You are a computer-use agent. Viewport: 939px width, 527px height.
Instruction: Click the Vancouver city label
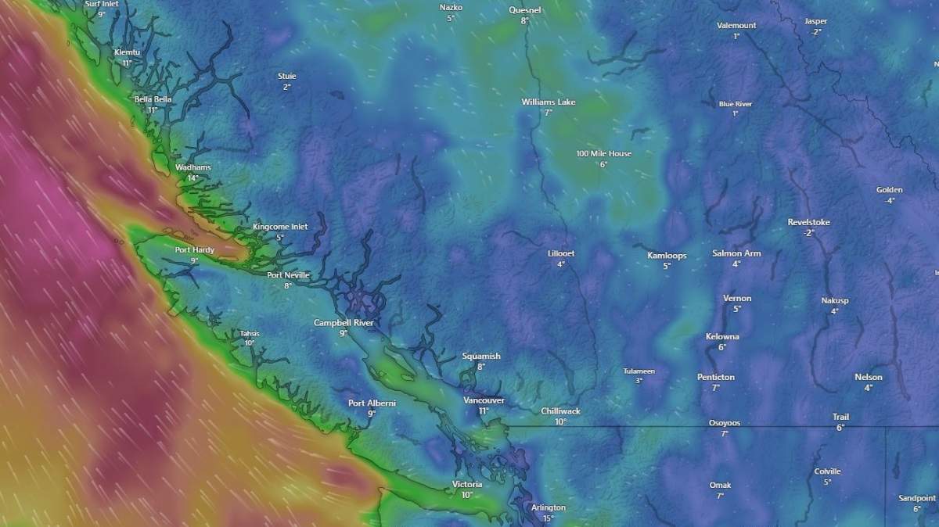pyautogui.click(x=484, y=400)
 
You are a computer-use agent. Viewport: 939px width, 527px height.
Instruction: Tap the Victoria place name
pyautogui.click(x=467, y=485)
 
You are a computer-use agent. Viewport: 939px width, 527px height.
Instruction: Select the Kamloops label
pyautogui.click(x=667, y=256)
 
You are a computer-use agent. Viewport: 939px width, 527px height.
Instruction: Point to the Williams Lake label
pyautogui.click(x=548, y=102)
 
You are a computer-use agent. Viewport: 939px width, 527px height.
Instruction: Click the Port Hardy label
pyautogui.click(x=194, y=250)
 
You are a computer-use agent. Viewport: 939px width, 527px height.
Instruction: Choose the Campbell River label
pyautogui.click(x=344, y=323)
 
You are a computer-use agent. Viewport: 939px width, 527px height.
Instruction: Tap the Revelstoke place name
pyautogui.click(x=808, y=223)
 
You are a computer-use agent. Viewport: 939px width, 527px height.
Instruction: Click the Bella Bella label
pyautogui.click(x=153, y=100)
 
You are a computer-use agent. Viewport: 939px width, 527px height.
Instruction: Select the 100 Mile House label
pyautogui.click(x=603, y=154)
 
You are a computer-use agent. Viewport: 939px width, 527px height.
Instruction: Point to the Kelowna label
pyautogui.click(x=722, y=337)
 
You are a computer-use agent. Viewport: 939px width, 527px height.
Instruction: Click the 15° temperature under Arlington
pyautogui.click(x=548, y=518)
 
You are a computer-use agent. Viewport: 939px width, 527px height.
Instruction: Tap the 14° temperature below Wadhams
pyautogui.click(x=192, y=178)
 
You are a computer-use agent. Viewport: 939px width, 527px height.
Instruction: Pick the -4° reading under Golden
pyautogui.click(x=889, y=201)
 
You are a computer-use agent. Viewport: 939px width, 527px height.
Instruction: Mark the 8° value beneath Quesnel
pyautogui.click(x=524, y=21)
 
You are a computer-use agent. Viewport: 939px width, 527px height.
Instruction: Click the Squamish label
pyautogui.click(x=480, y=357)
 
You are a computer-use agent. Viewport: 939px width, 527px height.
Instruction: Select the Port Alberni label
pyautogui.click(x=372, y=403)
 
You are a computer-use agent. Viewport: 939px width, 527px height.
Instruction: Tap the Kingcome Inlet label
pyautogui.click(x=280, y=227)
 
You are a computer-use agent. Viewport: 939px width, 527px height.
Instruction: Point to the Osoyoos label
pyautogui.click(x=724, y=423)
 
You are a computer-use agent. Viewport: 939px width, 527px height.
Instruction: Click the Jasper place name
pyautogui.click(x=815, y=21)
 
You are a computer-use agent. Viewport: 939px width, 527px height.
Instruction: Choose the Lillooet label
pyautogui.click(x=561, y=254)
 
